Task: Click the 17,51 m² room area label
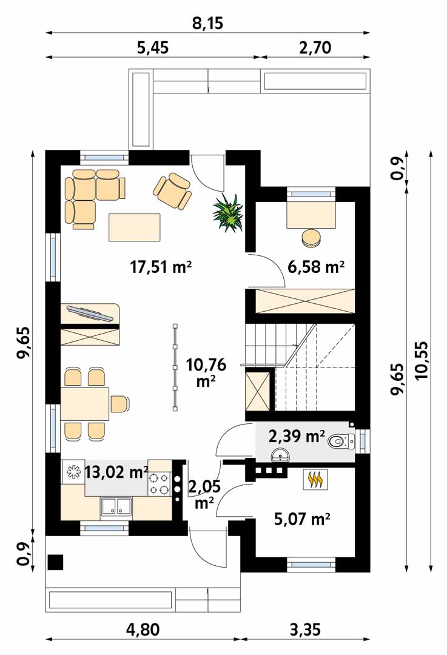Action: pyautogui.click(x=161, y=266)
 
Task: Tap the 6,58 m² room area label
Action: pyautogui.click(x=316, y=266)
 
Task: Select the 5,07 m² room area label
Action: pyautogui.click(x=302, y=519)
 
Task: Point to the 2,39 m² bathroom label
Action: pyautogui.click(x=297, y=437)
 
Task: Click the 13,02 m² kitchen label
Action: pyautogui.click(x=116, y=472)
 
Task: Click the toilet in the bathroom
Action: pyautogui.click(x=340, y=441)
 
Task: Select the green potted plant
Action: pyautogui.click(x=229, y=213)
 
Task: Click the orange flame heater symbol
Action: pyautogui.click(x=315, y=479)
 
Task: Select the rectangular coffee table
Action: pyautogui.click(x=135, y=227)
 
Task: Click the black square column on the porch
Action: pyautogui.click(x=56, y=562)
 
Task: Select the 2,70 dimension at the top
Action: pyautogui.click(x=315, y=48)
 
